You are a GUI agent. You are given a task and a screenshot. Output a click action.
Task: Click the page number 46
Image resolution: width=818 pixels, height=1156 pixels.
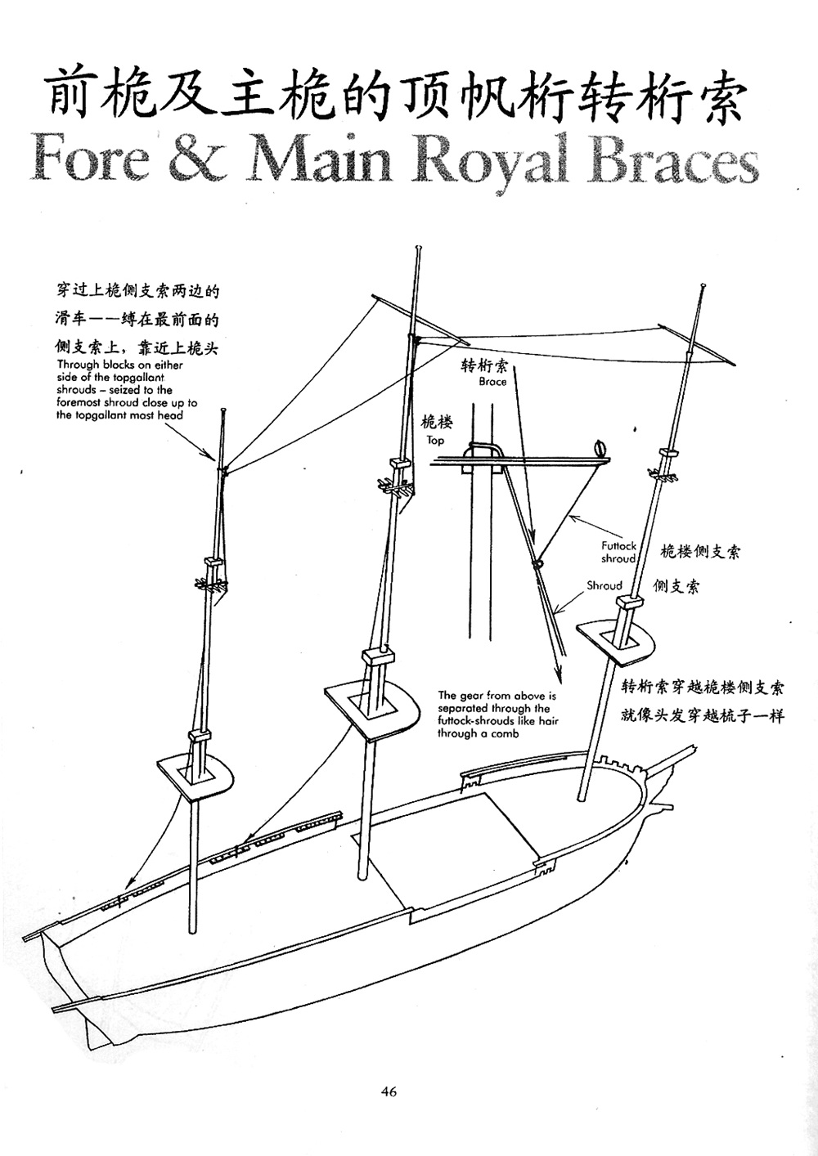point(389,1091)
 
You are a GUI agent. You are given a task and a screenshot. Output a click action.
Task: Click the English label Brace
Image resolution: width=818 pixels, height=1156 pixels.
point(492,382)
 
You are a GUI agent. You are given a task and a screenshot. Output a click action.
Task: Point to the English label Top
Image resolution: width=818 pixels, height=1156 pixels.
point(435,440)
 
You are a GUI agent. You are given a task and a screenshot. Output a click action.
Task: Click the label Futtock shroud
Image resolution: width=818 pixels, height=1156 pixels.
point(618,552)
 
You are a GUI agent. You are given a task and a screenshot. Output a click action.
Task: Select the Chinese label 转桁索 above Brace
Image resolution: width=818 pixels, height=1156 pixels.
point(484,365)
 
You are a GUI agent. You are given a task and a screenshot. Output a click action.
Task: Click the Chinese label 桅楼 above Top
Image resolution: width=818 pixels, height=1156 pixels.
point(437,422)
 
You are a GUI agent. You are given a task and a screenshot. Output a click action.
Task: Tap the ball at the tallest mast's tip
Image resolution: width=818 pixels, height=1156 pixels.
point(419,246)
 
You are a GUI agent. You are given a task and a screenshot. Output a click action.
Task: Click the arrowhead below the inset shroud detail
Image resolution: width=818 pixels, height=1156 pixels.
point(561,677)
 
